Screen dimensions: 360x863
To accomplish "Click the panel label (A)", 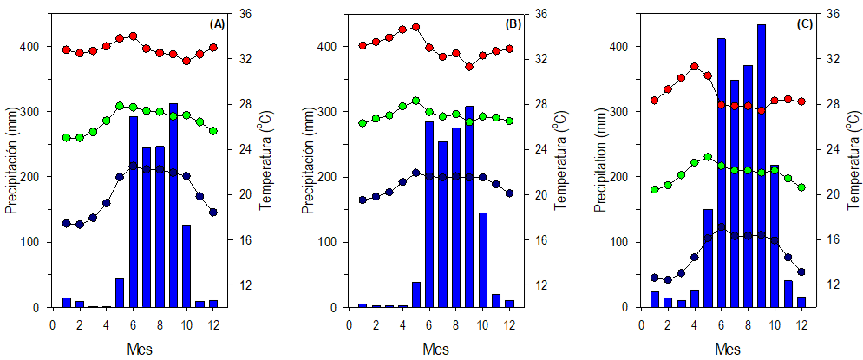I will click(218, 24).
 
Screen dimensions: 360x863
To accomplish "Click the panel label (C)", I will click(804, 24).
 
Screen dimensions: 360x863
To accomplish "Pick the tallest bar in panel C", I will click(762, 166).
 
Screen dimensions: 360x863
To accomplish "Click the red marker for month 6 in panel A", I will click(133, 36).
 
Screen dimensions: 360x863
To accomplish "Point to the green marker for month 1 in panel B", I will click(363, 123).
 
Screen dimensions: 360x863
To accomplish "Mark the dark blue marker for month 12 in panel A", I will click(213, 212).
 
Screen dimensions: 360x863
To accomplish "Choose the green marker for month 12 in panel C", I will click(801, 187).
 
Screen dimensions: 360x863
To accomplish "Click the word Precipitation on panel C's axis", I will click(599, 161).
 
